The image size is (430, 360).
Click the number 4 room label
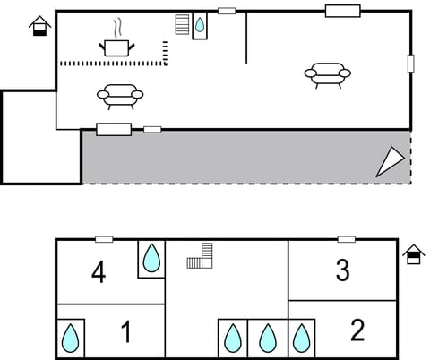point(99,272)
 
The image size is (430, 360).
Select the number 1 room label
point(125,332)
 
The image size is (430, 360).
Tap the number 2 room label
point(357,330)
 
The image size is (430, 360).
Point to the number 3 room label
point(342,270)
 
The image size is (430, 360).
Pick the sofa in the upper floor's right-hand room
point(327,73)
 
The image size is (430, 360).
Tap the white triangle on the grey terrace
point(390,161)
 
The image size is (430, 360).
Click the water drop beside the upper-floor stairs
point(200,25)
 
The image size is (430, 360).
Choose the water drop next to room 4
point(152,259)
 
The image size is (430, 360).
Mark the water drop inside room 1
point(71,339)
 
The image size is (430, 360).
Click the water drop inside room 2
point(302,338)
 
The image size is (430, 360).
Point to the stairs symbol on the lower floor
point(202,257)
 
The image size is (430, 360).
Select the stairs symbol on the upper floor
point(183,23)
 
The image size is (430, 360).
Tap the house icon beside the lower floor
point(413,254)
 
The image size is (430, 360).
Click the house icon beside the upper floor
point(39,27)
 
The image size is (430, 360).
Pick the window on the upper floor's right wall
point(410,63)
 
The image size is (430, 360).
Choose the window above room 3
point(346,239)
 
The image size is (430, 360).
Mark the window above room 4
point(104,239)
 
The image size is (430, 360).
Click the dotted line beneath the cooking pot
point(112,64)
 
